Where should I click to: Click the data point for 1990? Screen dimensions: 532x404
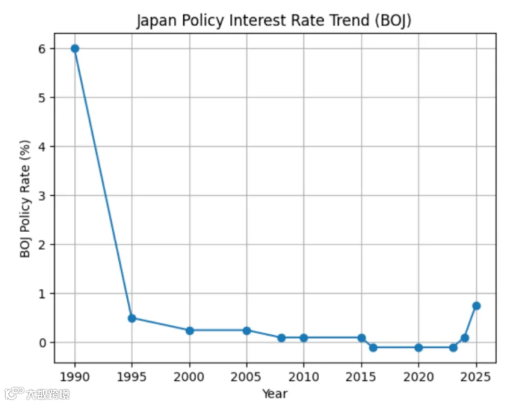pyautogui.click(x=75, y=49)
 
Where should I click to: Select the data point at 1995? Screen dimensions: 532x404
pyautogui.click(x=132, y=318)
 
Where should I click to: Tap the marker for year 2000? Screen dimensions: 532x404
pyautogui.click(x=190, y=330)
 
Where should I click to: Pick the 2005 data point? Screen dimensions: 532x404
pyautogui.click(x=246, y=330)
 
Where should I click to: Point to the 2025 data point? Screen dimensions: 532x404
pyautogui.click(x=476, y=306)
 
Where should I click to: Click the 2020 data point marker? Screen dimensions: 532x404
pyautogui.click(x=419, y=347)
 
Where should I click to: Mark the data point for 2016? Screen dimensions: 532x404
pyautogui.click(x=373, y=347)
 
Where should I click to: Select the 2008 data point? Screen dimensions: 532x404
pyautogui.click(x=281, y=338)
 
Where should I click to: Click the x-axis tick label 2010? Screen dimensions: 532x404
pyautogui.click(x=304, y=377)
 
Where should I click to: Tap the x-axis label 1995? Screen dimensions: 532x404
pyautogui.click(x=132, y=377)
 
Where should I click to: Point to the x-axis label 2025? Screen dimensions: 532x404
pyautogui.click(x=476, y=377)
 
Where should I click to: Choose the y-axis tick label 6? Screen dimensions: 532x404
pyautogui.click(x=42, y=49)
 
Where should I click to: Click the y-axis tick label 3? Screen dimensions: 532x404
pyautogui.click(x=42, y=196)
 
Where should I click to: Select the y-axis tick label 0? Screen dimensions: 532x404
pyautogui.click(x=42, y=342)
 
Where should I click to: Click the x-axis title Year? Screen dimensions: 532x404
pyautogui.click(x=275, y=394)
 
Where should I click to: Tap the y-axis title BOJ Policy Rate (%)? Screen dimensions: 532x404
pyautogui.click(x=25, y=199)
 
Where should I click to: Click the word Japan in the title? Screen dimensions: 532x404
pyautogui.click(x=157, y=21)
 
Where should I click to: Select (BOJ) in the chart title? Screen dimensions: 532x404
pyautogui.click(x=393, y=21)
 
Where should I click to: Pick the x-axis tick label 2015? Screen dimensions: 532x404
pyautogui.click(x=361, y=377)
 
